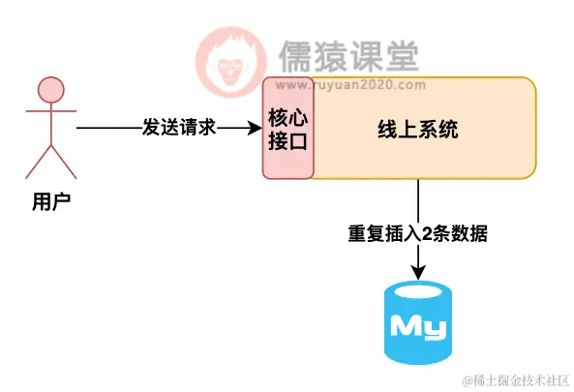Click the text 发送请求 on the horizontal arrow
178,128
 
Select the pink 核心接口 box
287,128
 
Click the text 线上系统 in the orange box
417,129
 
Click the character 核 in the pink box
279,117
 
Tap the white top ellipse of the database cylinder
418,291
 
